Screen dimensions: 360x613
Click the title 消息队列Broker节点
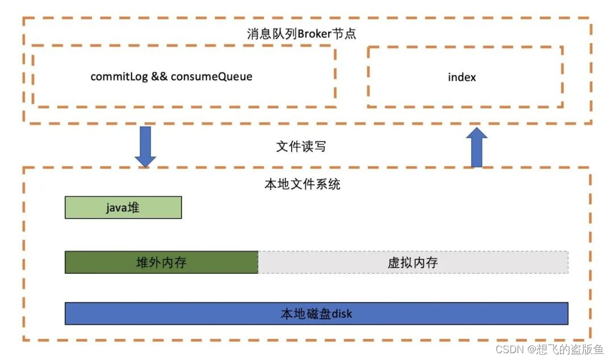(301, 33)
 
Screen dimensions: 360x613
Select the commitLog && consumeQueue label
(171, 77)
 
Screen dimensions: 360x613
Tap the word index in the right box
(462, 77)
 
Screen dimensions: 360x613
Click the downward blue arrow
(145, 146)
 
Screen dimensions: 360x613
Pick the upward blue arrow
(477, 147)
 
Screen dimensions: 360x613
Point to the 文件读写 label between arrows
(301, 146)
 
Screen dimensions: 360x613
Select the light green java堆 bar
(123, 207)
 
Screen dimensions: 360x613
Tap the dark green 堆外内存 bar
(161, 262)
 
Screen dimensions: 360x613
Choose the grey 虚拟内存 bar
(413, 262)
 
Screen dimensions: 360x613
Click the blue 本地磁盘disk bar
(316, 313)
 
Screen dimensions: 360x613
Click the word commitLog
(119, 77)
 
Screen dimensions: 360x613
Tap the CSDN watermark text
(509, 349)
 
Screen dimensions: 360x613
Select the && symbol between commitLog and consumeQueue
(159, 77)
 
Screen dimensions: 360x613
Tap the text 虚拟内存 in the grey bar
(413, 262)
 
